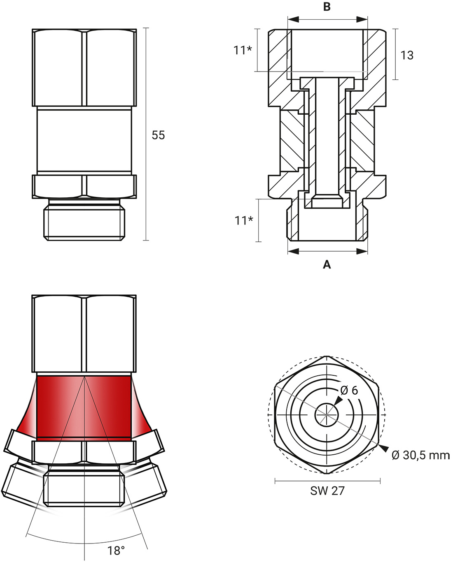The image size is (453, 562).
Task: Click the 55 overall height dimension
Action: tap(158, 135)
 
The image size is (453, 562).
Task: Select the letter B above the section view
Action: tap(327, 7)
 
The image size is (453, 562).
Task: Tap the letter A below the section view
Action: tap(327, 264)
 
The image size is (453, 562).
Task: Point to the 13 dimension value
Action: tap(407, 55)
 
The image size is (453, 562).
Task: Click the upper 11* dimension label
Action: tap(243, 50)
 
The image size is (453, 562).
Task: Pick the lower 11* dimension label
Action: tap(244, 220)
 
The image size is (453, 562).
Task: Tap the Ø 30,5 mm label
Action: tap(420, 455)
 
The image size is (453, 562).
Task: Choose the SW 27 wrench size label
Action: tap(327, 490)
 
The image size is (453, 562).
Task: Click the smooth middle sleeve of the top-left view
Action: tap(84, 140)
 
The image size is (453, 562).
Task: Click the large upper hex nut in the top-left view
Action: tap(84, 68)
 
